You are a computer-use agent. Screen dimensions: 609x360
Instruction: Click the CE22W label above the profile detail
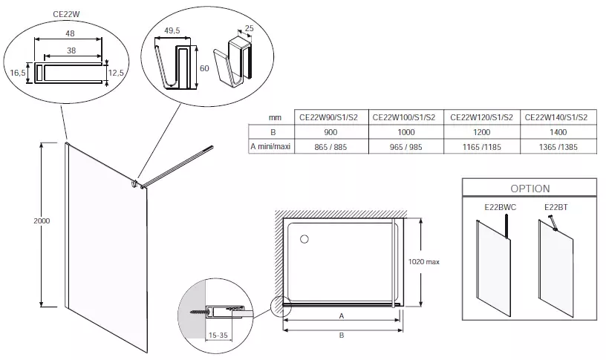66,14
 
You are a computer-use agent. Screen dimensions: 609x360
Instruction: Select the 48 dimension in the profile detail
70,33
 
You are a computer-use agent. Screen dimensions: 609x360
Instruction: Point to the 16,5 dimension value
18,73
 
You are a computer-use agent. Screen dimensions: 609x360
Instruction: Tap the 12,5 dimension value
116,73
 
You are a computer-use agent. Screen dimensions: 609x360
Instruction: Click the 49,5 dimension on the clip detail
172,30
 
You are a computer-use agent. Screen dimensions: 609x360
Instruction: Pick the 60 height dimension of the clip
204,68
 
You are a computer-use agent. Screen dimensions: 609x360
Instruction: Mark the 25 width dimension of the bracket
249,28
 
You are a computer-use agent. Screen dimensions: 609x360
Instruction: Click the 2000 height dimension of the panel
42,220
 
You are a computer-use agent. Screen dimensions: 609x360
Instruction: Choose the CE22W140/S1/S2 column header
556,117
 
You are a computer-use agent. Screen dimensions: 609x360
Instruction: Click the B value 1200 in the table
481,132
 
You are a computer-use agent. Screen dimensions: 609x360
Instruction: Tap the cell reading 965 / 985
406,147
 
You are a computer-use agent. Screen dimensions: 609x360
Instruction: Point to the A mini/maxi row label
271,146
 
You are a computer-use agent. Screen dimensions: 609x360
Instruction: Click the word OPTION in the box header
530,189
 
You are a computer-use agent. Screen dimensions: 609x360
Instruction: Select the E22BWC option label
501,207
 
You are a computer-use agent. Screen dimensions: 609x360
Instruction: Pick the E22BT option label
556,207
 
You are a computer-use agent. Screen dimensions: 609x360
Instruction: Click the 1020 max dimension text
424,262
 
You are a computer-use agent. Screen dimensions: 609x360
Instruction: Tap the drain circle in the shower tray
304,239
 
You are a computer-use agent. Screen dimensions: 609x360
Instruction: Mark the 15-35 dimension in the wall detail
218,336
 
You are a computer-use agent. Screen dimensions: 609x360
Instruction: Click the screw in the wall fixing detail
198,312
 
